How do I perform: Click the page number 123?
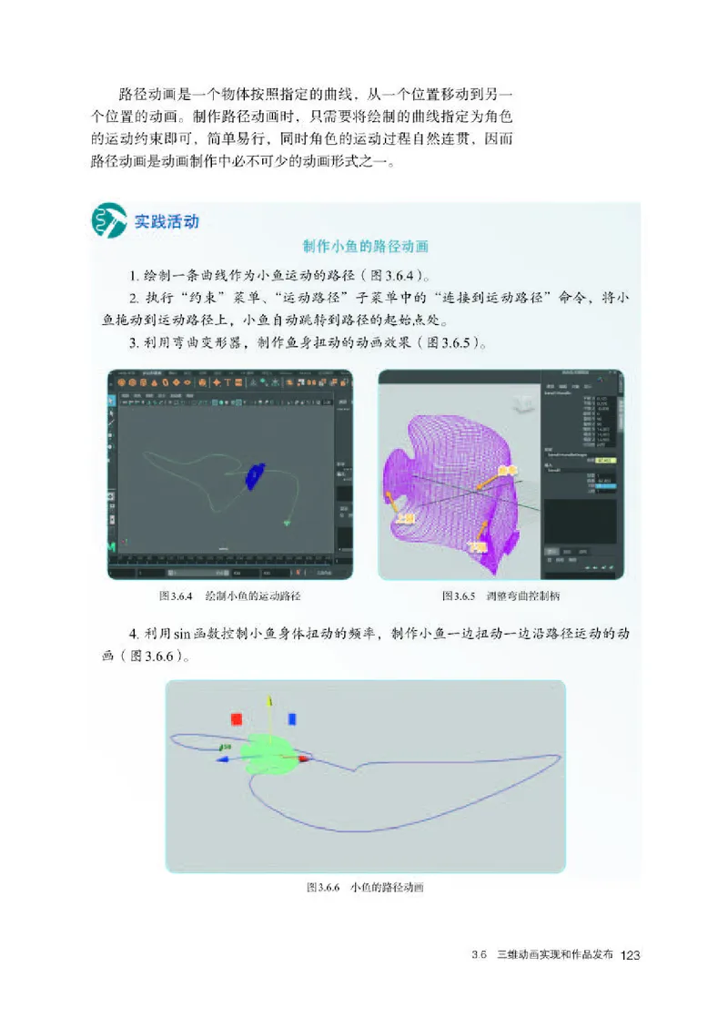pos(631,955)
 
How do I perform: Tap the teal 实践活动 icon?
pos(109,222)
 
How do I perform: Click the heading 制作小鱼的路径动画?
pos(364,247)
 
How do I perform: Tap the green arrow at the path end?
pos(287,523)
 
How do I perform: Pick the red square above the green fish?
pos(237,718)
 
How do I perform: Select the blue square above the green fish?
pos(292,718)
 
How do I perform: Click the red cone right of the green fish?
pos(304,758)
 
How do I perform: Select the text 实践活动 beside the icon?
pos(167,221)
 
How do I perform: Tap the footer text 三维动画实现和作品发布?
pos(555,955)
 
